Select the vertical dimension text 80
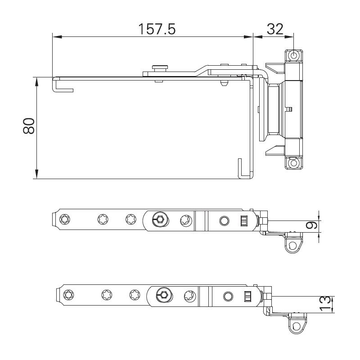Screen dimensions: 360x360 [29, 126]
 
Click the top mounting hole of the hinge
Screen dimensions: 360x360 [293, 55]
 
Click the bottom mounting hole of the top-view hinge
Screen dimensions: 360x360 [293, 162]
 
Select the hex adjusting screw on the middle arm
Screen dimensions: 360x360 [159, 220]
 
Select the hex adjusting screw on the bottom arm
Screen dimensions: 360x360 [163, 296]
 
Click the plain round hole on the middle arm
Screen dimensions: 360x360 [224, 220]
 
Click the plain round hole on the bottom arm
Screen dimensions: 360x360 [228, 296]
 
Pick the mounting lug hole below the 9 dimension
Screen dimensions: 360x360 [293, 246]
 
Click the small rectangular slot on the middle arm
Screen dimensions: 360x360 [244, 220]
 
